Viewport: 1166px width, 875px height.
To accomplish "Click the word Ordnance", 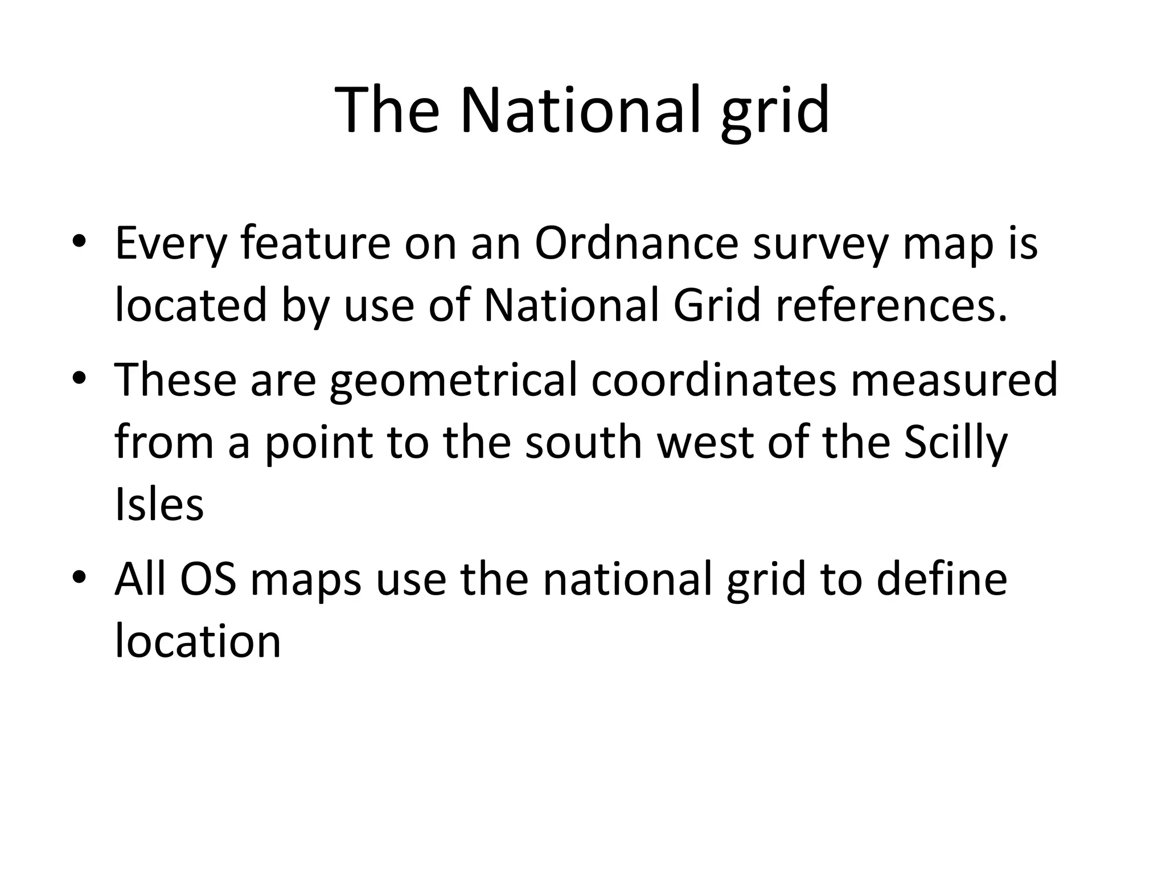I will pyautogui.click(x=636, y=244).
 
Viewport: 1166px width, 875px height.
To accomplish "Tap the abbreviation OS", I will pyautogui.click(x=208, y=579).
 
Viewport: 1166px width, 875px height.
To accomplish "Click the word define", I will pyautogui.click(x=942, y=579).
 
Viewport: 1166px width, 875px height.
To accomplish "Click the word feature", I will pyautogui.click(x=315, y=244).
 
